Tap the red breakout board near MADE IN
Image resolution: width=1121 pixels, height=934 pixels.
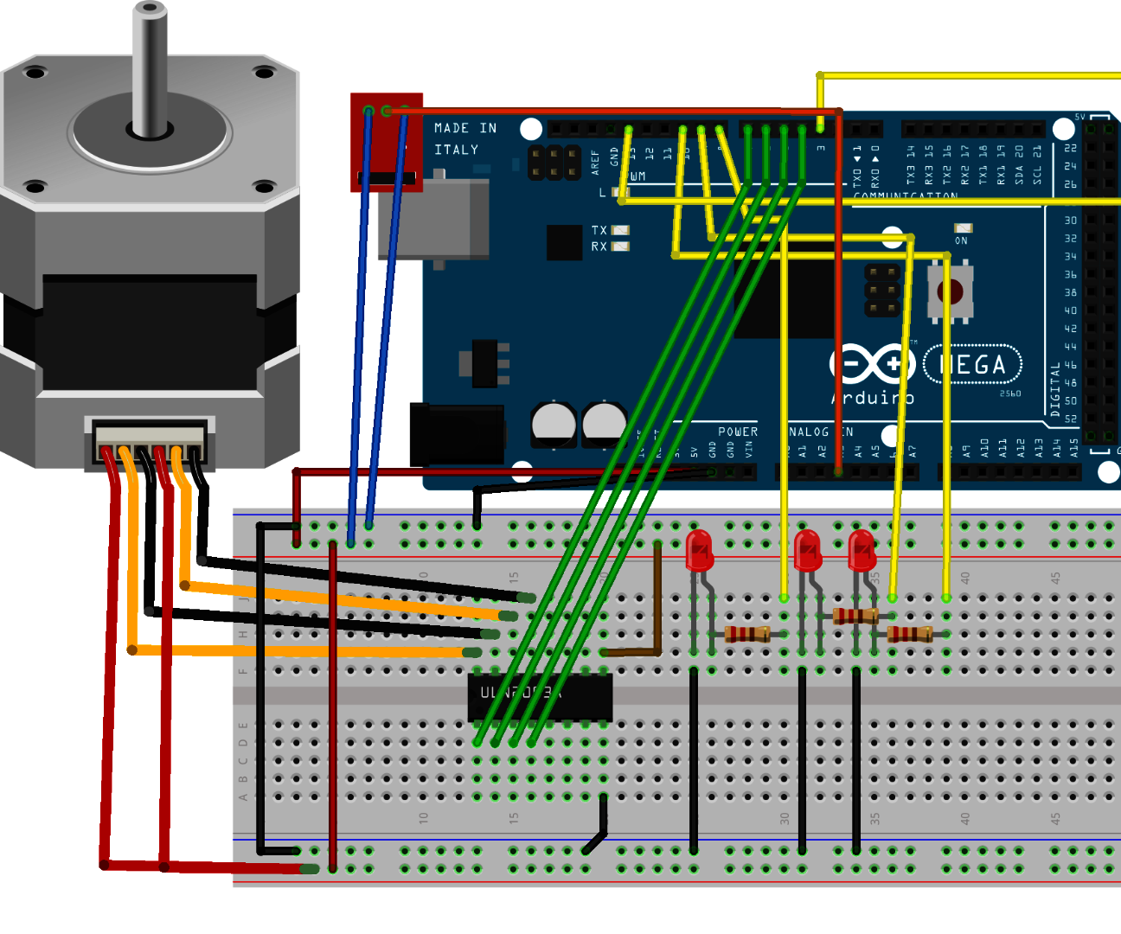[x=386, y=143]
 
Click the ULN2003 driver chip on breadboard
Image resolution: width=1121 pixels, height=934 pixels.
[x=540, y=697]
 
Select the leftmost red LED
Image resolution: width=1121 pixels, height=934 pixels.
[x=699, y=551]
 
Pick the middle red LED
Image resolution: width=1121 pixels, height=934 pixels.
[x=807, y=551]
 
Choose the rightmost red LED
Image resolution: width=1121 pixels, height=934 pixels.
[x=862, y=551]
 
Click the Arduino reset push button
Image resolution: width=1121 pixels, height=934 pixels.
[x=951, y=291]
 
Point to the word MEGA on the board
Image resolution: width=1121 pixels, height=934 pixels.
[x=973, y=365]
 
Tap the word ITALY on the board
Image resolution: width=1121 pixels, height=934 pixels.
[x=456, y=150]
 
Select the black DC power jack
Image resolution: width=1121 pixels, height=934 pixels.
[x=457, y=435]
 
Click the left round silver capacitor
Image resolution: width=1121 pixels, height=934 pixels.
[x=554, y=424]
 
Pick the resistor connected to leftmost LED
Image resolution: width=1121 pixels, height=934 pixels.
[x=746, y=634]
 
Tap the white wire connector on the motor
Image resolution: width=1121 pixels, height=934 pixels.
[x=149, y=442]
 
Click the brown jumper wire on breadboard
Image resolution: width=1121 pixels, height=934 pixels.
[x=657, y=605]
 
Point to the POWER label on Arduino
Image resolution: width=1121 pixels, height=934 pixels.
[x=738, y=432]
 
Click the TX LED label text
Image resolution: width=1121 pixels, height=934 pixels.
[x=599, y=230]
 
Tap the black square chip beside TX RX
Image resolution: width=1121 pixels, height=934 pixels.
[x=564, y=242]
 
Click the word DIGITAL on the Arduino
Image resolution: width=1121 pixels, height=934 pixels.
[x=1055, y=389]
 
